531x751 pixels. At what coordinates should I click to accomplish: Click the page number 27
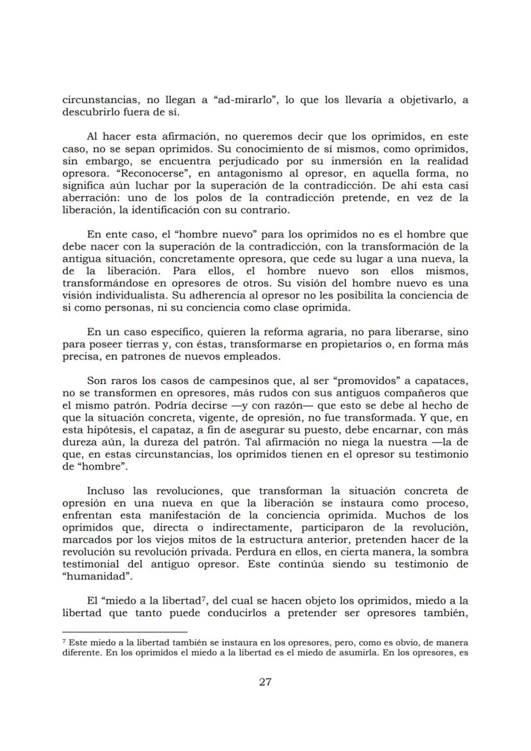pyautogui.click(x=265, y=682)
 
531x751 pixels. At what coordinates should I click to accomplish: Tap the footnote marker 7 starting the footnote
pyautogui.click(x=64, y=641)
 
